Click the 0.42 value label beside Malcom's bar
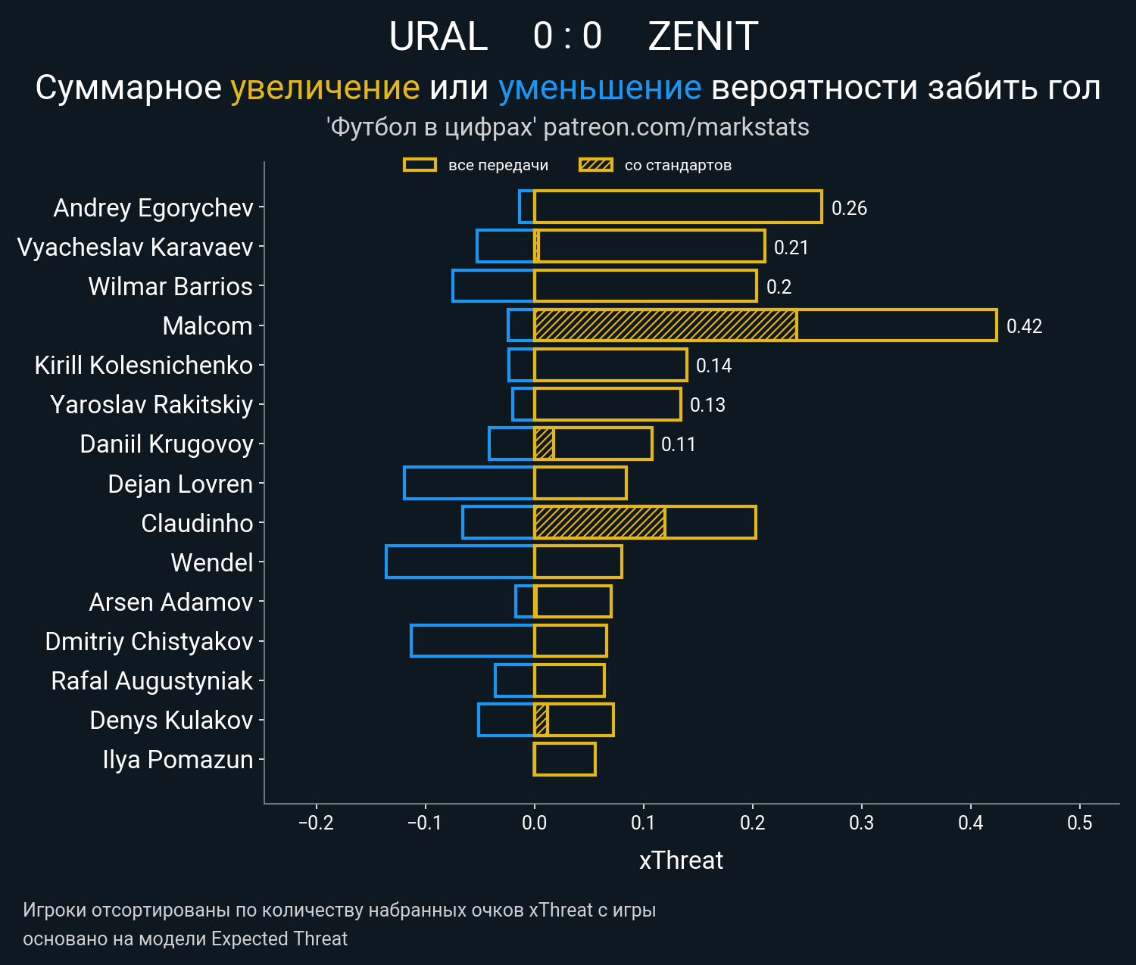click(x=1024, y=326)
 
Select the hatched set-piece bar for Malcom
click(x=665, y=325)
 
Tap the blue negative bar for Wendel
click(x=460, y=562)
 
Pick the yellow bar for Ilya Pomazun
click(x=564, y=759)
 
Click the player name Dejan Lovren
click(x=180, y=484)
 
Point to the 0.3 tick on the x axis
click(x=861, y=823)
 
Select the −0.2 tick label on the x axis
click(x=316, y=823)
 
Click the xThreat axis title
click(x=681, y=861)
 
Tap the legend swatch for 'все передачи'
click(x=420, y=165)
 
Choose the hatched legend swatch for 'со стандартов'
click(x=596, y=165)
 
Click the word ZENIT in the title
click(x=703, y=36)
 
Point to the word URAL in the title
click(x=438, y=36)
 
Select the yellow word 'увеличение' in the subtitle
click(x=325, y=88)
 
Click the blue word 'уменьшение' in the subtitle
click(x=600, y=88)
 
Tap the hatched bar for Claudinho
click(x=600, y=522)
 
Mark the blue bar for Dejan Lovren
click(x=469, y=483)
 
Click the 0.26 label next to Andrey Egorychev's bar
click(x=849, y=208)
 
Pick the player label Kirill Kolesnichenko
click(x=144, y=366)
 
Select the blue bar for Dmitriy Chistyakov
click(x=473, y=640)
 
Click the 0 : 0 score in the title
click(x=567, y=36)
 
